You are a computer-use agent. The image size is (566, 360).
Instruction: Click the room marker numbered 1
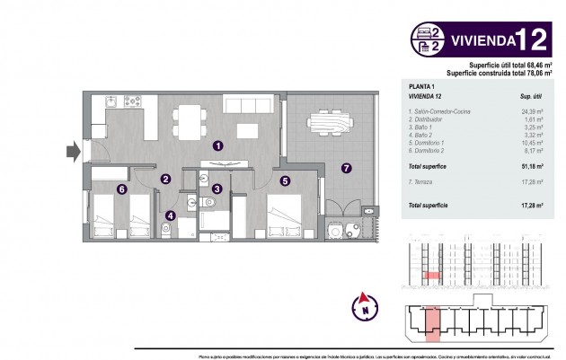click(217, 145)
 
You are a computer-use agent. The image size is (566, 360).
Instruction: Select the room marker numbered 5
click(284, 180)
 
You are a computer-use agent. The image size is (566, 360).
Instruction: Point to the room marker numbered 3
click(217, 189)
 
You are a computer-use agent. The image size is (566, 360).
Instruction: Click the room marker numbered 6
click(121, 189)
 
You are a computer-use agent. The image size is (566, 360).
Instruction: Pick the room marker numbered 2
click(165, 179)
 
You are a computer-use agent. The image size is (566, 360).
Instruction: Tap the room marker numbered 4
click(171, 214)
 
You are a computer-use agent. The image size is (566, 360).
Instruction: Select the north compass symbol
click(366, 305)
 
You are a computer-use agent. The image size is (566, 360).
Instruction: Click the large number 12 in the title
click(536, 40)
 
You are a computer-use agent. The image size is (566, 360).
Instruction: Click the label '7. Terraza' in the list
click(423, 182)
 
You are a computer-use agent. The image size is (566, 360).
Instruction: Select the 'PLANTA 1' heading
click(420, 85)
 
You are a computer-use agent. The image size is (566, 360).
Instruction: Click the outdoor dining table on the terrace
click(324, 120)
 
